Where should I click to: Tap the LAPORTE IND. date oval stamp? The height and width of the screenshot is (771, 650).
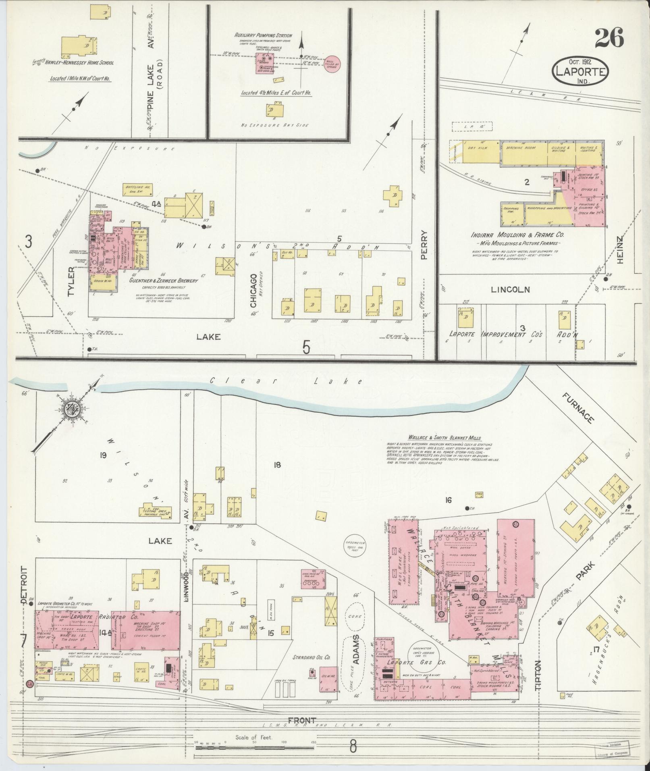click(x=581, y=71)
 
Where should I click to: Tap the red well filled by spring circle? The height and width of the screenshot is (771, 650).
click(x=332, y=64)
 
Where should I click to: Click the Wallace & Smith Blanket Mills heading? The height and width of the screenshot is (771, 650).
click(x=444, y=438)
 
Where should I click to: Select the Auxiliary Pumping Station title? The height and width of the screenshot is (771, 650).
click(x=263, y=35)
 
